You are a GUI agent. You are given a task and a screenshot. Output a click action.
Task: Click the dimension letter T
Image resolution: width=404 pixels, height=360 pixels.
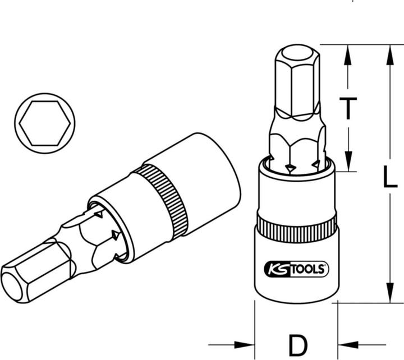[348, 108]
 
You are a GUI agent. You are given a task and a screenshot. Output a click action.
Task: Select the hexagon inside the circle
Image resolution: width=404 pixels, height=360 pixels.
[45, 123]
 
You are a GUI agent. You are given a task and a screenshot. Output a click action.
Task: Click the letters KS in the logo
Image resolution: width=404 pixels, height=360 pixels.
[277, 269]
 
